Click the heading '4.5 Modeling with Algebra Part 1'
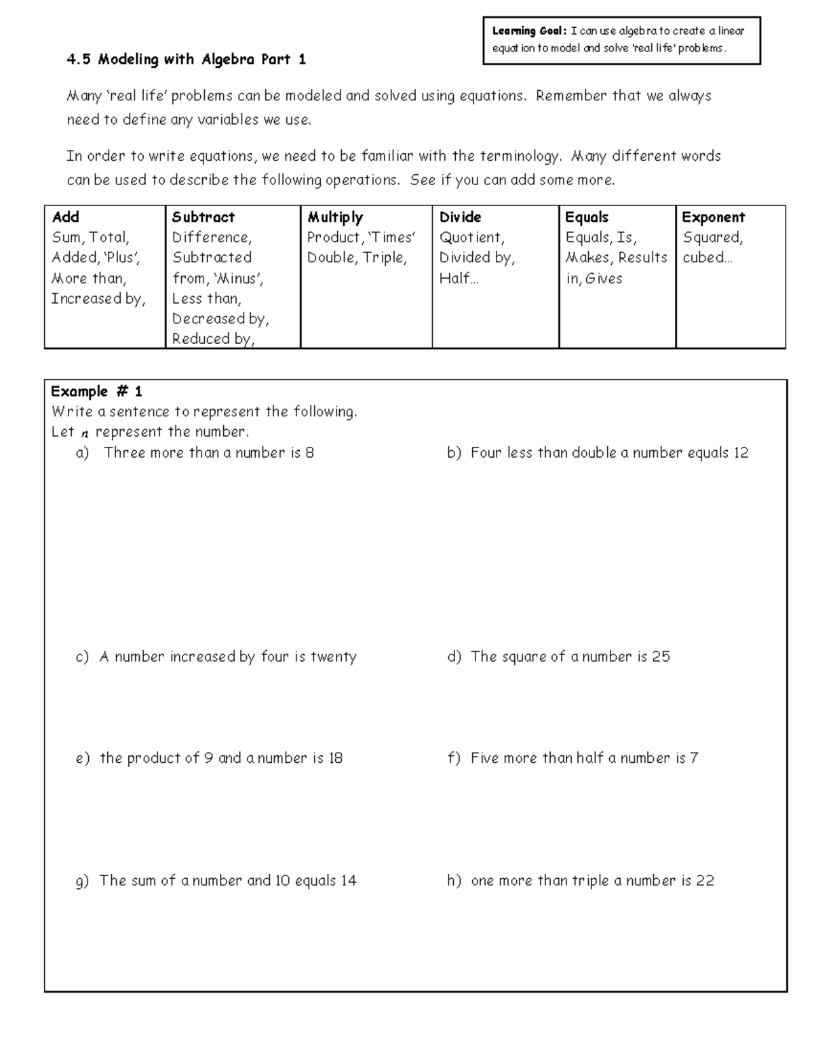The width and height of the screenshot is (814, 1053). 186,60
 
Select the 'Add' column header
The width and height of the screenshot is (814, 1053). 66,217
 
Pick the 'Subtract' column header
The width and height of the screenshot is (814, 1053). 203,217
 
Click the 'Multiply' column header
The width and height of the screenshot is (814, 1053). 335,217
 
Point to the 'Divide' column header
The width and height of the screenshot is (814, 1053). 460,217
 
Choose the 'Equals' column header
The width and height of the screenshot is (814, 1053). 587,217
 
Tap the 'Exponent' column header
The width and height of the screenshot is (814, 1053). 713,217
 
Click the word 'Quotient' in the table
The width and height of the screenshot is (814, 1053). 471,237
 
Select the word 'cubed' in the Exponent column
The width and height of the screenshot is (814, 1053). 703,258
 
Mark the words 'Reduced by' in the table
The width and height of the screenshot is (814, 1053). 212,339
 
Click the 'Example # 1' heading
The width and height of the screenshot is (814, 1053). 96,391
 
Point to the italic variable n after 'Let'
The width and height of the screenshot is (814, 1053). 85,433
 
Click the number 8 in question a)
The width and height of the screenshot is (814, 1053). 309,453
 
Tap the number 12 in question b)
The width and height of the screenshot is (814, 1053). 740,453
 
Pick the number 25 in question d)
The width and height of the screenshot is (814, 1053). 661,656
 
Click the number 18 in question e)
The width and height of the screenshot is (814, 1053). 335,758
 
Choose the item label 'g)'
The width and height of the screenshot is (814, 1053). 82,881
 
